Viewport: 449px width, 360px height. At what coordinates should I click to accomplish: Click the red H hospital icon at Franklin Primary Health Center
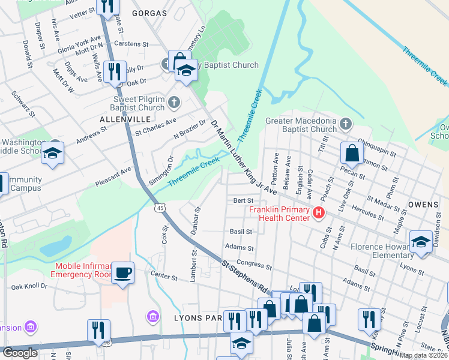coord(318,212)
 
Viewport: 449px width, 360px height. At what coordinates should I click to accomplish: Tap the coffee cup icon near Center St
coord(123,273)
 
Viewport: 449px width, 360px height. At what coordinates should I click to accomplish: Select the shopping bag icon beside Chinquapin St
coord(352,154)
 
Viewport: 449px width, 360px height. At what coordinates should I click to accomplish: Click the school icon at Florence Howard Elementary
coord(421,242)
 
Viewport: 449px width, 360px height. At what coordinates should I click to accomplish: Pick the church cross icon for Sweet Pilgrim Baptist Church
coord(175,101)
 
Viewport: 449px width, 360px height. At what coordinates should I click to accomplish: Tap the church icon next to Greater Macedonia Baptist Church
coord(345,124)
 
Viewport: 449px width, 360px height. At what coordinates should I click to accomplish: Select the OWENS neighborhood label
coord(423,205)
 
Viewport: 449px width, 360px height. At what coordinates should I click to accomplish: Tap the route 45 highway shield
coord(160,208)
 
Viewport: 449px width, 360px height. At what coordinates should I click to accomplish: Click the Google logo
coord(20,353)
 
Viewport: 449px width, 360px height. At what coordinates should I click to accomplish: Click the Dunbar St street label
coord(196,220)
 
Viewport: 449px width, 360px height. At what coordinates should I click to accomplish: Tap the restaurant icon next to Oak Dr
coord(114,71)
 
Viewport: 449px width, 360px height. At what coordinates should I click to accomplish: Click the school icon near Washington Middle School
coord(52,153)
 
